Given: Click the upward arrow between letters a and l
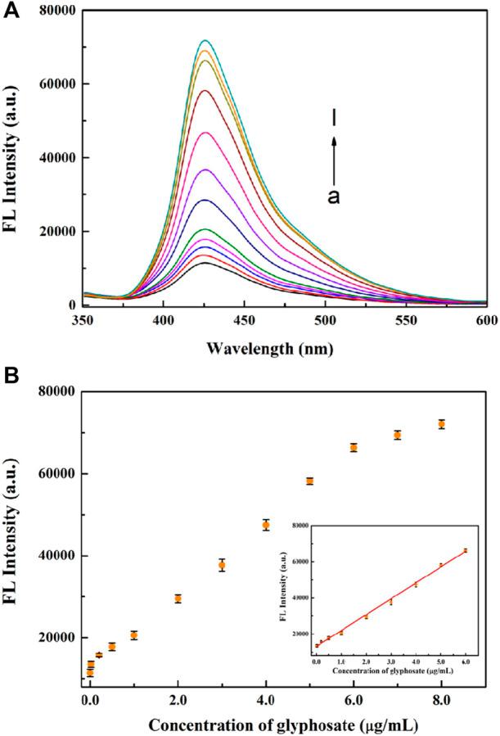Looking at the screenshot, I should [334, 159].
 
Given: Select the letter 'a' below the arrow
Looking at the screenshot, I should [334, 196].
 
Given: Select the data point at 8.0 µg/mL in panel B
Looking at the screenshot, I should [442, 424].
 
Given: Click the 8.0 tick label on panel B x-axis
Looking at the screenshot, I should [441, 701].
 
